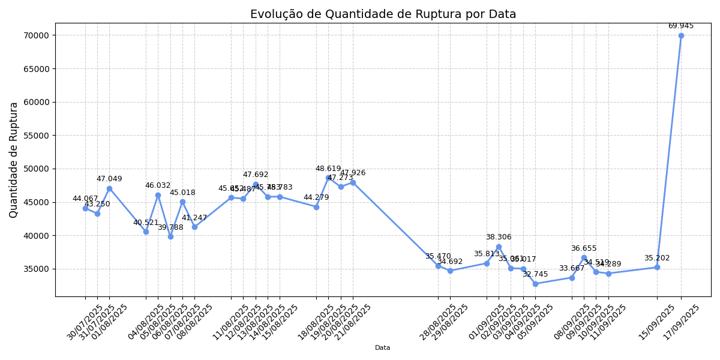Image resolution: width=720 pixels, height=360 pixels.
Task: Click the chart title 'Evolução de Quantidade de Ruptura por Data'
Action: click(x=383, y=14)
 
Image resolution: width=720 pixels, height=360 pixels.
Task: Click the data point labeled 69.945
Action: click(x=681, y=35)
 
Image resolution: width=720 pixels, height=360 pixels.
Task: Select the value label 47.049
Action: click(x=109, y=179)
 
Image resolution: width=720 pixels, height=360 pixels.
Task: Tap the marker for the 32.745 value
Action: click(x=535, y=284)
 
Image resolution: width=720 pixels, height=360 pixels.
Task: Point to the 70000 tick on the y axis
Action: click(x=36, y=35)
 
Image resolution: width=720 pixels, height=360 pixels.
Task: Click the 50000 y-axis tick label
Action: click(x=36, y=169)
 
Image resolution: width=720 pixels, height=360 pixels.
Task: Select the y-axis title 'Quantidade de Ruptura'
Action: click(x=14, y=160)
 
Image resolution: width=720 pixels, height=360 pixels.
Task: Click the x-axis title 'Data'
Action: click(x=383, y=348)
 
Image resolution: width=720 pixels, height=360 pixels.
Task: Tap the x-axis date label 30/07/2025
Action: click(x=85, y=322)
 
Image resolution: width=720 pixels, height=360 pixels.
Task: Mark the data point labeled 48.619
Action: click(x=328, y=178)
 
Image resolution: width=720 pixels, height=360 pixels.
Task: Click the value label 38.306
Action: click(x=499, y=237)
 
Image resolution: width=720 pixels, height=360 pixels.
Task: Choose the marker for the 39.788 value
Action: click(x=170, y=236)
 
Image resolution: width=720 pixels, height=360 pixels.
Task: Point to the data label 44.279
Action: click(x=316, y=197)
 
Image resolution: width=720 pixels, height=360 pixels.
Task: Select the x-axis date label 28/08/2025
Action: click(x=437, y=322)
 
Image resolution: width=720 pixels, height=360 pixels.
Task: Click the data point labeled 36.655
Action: click(x=584, y=258)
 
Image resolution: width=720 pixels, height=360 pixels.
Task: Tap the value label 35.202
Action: click(x=657, y=258)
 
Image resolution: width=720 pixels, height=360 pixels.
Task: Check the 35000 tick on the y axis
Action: click(x=36, y=269)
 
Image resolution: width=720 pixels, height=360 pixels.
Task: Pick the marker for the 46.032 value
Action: click(x=158, y=195)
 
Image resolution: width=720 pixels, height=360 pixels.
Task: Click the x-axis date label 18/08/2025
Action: click(x=316, y=322)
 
